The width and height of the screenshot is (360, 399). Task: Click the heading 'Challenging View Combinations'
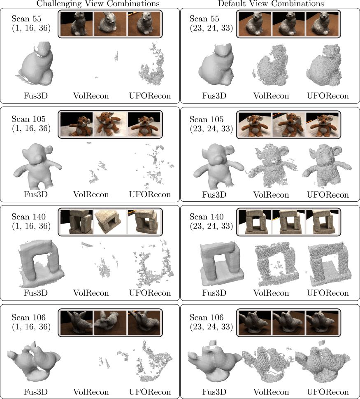tap(98, 4)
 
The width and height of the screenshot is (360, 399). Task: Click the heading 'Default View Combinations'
tap(271, 4)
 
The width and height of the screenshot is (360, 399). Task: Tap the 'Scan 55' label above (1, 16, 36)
tap(26, 19)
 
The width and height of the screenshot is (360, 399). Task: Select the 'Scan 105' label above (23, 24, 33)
tap(206, 119)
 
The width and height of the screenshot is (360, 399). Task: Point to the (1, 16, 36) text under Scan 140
tap(31, 226)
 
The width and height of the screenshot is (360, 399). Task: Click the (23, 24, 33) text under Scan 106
tap(211, 327)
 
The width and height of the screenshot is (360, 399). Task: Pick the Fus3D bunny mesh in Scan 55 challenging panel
tap(36, 63)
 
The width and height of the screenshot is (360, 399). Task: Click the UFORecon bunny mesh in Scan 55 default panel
tap(324, 65)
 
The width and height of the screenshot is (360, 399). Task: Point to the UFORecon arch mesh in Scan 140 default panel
tap(329, 265)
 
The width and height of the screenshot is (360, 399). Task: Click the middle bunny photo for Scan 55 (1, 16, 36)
tap(110, 24)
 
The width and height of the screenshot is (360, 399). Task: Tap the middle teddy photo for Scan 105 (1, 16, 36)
tap(110, 124)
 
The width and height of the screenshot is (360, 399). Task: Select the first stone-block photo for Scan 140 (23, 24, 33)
tap(255, 222)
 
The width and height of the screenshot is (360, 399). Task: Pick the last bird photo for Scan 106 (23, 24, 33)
tap(323, 323)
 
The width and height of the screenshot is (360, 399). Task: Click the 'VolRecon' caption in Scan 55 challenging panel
tap(91, 96)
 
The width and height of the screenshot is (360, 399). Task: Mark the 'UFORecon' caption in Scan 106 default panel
tap(328, 392)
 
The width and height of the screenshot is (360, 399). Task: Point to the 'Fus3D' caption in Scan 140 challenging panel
tap(36, 293)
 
